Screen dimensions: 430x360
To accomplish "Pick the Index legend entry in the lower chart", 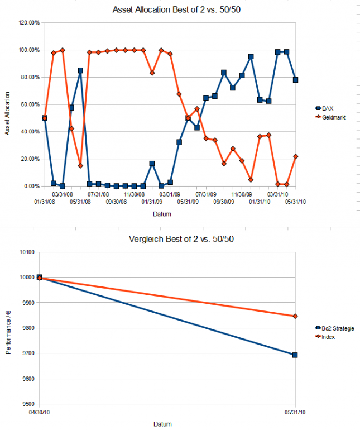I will pyautogui.click(x=328, y=337).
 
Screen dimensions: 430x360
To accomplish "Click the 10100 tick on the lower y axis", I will pyautogui.click(x=27, y=252).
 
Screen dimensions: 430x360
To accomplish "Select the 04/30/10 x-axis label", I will pyautogui.click(x=39, y=413).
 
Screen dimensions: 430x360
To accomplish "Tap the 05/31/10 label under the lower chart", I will pyautogui.click(x=295, y=413).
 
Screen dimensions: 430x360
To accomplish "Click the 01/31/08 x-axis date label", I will pyautogui.click(x=45, y=202).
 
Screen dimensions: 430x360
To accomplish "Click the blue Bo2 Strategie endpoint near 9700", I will pyautogui.click(x=295, y=355).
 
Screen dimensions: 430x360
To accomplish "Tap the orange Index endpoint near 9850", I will pyautogui.click(x=295, y=316).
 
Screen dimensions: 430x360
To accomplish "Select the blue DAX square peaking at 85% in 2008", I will pyautogui.click(x=80, y=70).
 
